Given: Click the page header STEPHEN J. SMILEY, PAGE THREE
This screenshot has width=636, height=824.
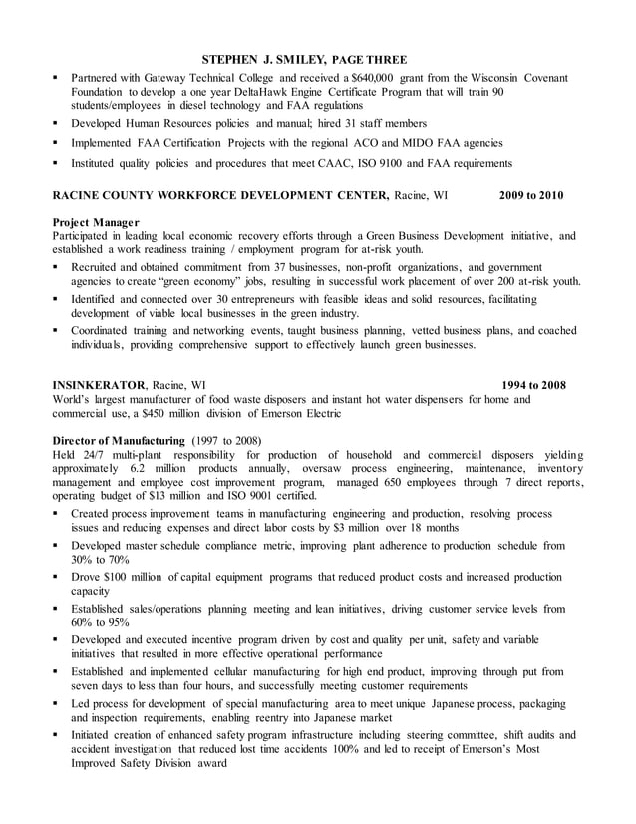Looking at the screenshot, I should pyautogui.click(x=304, y=59).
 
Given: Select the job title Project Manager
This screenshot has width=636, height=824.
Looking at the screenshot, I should pyautogui.click(x=96, y=222).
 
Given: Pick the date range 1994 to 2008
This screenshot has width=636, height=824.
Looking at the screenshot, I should pyautogui.click(x=533, y=385).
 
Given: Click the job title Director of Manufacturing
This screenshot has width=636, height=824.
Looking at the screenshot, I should pyautogui.click(x=119, y=441).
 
